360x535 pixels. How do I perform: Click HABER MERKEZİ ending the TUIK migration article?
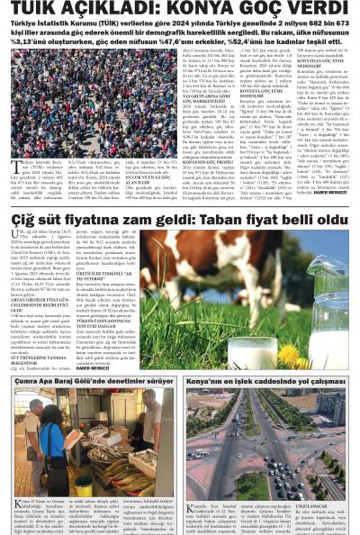[x=329, y=192]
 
